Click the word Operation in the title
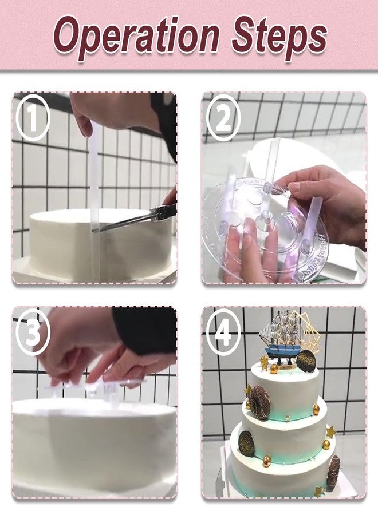click(136, 35)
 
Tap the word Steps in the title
click(279, 35)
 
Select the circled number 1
click(33, 118)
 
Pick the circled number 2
click(223, 118)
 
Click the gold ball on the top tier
click(274, 369)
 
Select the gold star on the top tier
click(263, 362)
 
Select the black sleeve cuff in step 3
click(145, 330)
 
